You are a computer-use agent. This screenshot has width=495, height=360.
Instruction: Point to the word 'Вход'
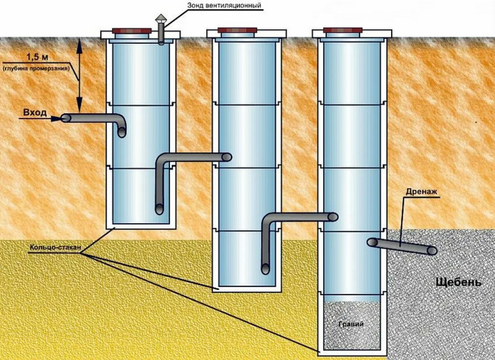(x=35, y=113)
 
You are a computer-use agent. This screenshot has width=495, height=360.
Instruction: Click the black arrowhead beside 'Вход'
(x=56, y=119)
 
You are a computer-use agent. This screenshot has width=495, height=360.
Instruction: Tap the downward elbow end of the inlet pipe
(x=121, y=132)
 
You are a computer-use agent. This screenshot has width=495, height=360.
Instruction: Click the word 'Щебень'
(x=458, y=282)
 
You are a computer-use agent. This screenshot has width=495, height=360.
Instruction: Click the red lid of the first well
(x=132, y=30)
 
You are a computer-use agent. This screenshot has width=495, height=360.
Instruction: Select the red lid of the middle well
(x=238, y=30)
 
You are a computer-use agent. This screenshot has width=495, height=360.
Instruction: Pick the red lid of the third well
(x=343, y=30)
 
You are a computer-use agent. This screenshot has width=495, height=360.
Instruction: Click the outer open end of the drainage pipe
(x=432, y=251)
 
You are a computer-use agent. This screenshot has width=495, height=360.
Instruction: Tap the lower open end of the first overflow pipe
(x=160, y=209)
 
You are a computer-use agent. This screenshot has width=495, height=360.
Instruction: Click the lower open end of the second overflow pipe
(x=265, y=269)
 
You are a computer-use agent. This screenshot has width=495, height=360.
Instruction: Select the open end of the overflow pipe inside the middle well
(x=227, y=157)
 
